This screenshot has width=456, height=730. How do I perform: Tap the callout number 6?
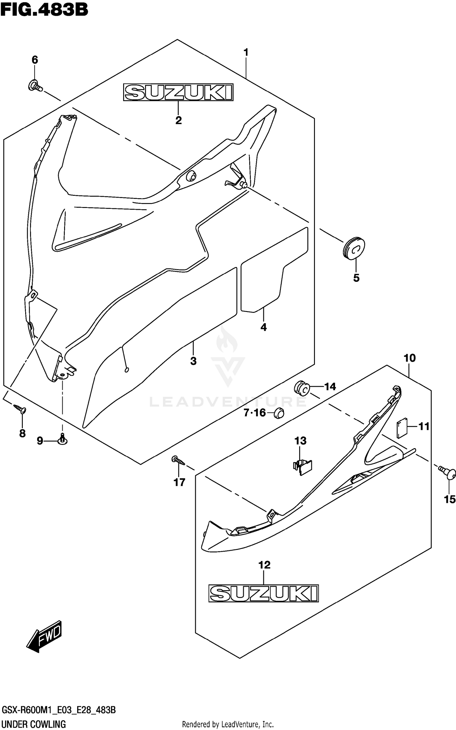coord(35,60)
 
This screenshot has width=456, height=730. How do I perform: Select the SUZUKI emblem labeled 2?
coord(178,92)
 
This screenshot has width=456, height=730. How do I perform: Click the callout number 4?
coord(264,327)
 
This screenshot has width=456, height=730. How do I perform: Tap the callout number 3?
coord(193,361)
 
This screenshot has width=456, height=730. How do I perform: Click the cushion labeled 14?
coord(301,389)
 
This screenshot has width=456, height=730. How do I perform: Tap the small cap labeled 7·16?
coord(279,413)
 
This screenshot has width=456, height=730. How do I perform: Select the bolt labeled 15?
coord(447,473)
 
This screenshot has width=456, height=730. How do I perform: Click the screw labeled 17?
coord(179,461)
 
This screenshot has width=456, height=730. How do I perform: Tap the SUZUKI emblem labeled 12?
coord(263,593)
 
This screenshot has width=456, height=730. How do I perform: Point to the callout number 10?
coord(409,358)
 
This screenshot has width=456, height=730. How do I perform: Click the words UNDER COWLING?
coord(34,724)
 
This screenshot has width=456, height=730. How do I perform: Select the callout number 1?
coord(246,52)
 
